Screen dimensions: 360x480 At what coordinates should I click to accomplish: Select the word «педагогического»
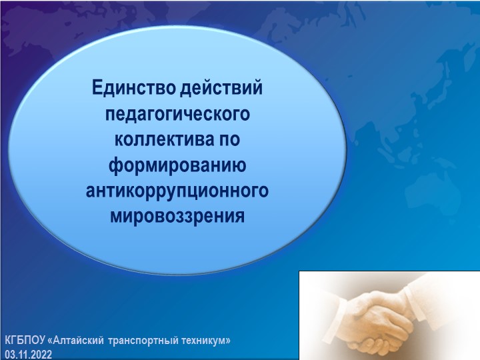pos(178,113)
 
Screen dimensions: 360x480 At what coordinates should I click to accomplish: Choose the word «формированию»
pos(178,165)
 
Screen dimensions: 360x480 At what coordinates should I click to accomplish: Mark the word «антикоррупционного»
pos(178,191)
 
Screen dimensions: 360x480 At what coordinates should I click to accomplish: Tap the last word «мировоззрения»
pos(178,217)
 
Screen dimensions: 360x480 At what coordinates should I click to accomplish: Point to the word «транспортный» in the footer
pos(146,340)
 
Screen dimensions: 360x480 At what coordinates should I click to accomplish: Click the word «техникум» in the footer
pos(203,340)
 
